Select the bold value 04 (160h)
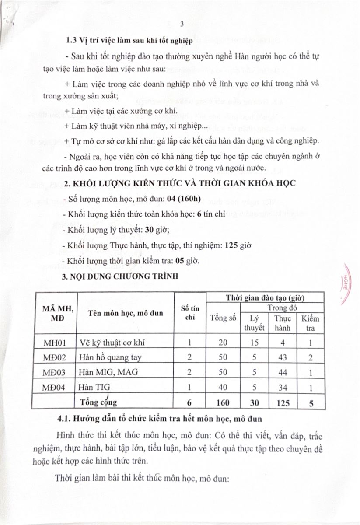point(186,200)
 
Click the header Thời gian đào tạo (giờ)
point(265,297)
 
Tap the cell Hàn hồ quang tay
point(111,357)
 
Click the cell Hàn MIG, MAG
point(107,372)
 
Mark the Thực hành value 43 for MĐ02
point(282,357)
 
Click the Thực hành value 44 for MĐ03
point(282,372)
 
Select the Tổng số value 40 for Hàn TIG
point(223,387)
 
